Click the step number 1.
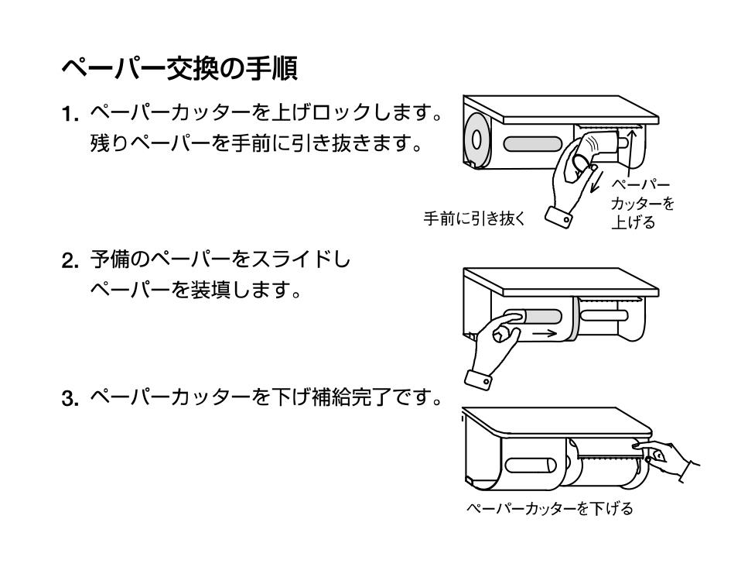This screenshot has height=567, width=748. [70, 115]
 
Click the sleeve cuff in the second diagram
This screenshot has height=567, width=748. [480, 380]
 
